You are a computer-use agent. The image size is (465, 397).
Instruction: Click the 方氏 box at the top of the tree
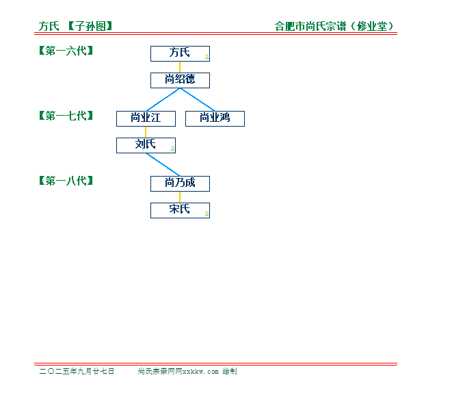(180, 53)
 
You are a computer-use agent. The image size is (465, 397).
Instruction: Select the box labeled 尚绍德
(180, 80)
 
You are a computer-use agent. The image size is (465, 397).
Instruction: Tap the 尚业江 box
(146, 118)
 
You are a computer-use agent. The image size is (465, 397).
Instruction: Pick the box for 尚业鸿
(215, 118)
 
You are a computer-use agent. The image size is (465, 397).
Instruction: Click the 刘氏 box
(146, 145)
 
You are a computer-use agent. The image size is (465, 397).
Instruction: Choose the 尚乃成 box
(180, 183)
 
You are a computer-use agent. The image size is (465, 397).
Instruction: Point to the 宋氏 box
(180, 210)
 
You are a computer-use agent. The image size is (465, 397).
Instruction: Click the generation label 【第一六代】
(66, 51)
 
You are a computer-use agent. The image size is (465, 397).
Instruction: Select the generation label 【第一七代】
(66, 116)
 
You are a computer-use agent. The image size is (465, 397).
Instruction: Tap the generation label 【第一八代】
(66, 181)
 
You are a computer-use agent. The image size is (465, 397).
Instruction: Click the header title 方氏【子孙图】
(75, 26)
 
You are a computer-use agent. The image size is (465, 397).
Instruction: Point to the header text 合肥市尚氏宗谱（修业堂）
(334, 26)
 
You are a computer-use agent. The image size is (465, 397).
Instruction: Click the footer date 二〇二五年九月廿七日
(77, 371)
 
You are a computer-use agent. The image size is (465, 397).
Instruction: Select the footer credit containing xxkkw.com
(187, 371)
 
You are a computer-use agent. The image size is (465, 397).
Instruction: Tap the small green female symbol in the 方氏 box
(207, 57)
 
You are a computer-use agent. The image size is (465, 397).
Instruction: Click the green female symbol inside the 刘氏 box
(172, 149)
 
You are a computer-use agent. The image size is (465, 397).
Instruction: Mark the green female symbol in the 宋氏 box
(207, 214)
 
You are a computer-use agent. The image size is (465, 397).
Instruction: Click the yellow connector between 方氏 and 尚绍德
(180, 67)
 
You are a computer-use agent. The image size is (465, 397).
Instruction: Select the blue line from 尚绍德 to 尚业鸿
(198, 99)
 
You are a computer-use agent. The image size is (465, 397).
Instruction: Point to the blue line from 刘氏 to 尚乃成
(163, 164)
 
